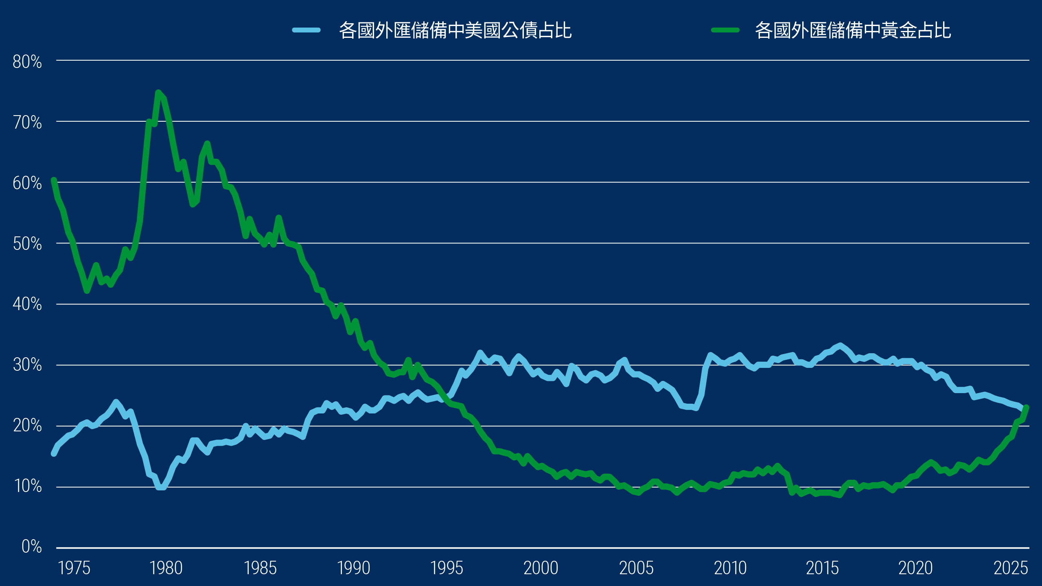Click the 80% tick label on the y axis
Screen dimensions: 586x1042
coord(27,62)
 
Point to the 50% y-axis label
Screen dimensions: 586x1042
coord(27,244)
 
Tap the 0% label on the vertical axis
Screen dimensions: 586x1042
coord(31,546)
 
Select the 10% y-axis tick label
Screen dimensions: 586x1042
coord(28,485)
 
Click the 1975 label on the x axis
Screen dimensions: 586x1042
coord(74,568)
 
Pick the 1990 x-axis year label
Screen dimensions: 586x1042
coord(353,568)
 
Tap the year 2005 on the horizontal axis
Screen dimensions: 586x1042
coord(636,568)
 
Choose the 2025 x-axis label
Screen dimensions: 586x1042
coord(1010,568)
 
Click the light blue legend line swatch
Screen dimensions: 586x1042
coord(306,30)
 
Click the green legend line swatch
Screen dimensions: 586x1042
coord(725,30)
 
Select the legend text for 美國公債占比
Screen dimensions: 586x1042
coord(455,30)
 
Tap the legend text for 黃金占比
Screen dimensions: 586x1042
coord(853,30)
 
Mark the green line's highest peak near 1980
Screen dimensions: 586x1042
coord(158,92)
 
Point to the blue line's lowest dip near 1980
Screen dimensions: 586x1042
coord(161,487)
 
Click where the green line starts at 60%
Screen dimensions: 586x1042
coord(54,180)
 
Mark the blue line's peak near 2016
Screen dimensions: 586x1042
coord(840,345)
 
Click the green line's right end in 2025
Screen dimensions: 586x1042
coord(1027,407)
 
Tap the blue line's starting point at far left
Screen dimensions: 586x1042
coord(54,453)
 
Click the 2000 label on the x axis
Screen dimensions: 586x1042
coord(541,568)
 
